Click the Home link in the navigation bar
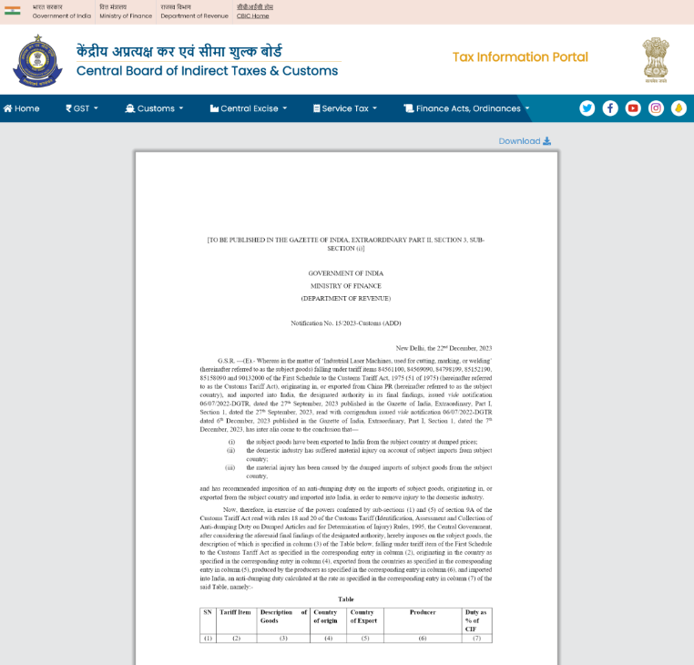pyautogui.click(x=22, y=108)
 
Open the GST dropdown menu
pyautogui.click(x=82, y=108)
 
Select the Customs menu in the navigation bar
pyautogui.click(x=154, y=108)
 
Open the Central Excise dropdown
pyautogui.click(x=248, y=108)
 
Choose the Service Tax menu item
pyautogui.click(x=345, y=108)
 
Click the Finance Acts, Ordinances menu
pyautogui.click(x=466, y=108)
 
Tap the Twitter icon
pyautogui.click(x=587, y=108)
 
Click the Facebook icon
pyautogui.click(x=610, y=108)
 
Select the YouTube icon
pyautogui.click(x=633, y=108)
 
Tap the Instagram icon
pyautogui.click(x=656, y=108)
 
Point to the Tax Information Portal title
pyautogui.click(x=520, y=57)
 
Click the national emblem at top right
pyautogui.click(x=655, y=60)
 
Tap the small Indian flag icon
pyautogui.click(x=12, y=11)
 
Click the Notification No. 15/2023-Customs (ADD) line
pyautogui.click(x=346, y=323)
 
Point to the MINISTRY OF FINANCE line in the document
pyautogui.click(x=346, y=285)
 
